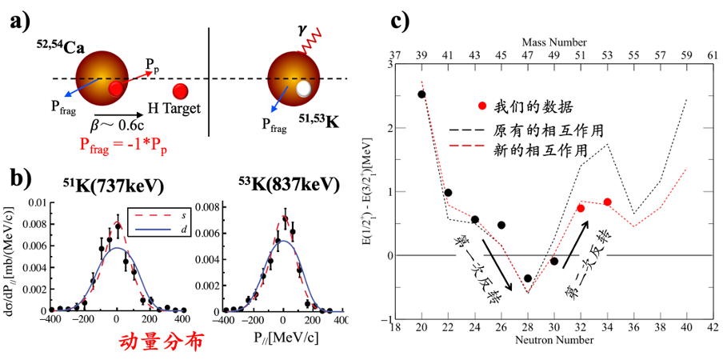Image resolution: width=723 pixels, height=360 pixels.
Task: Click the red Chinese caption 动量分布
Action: pyautogui.click(x=158, y=342)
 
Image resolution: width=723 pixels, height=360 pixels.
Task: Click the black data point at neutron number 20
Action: pyautogui.click(x=421, y=94)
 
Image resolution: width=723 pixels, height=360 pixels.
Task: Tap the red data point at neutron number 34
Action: pyautogui.click(x=608, y=202)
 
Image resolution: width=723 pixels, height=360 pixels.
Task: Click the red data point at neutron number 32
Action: pyautogui.click(x=581, y=208)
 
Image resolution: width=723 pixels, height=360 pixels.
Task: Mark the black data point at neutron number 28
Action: pyautogui.click(x=528, y=278)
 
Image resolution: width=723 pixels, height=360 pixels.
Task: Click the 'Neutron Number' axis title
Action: pyautogui.click(x=554, y=341)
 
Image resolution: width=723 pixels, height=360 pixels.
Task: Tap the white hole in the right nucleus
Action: pyautogui.click(x=303, y=90)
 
